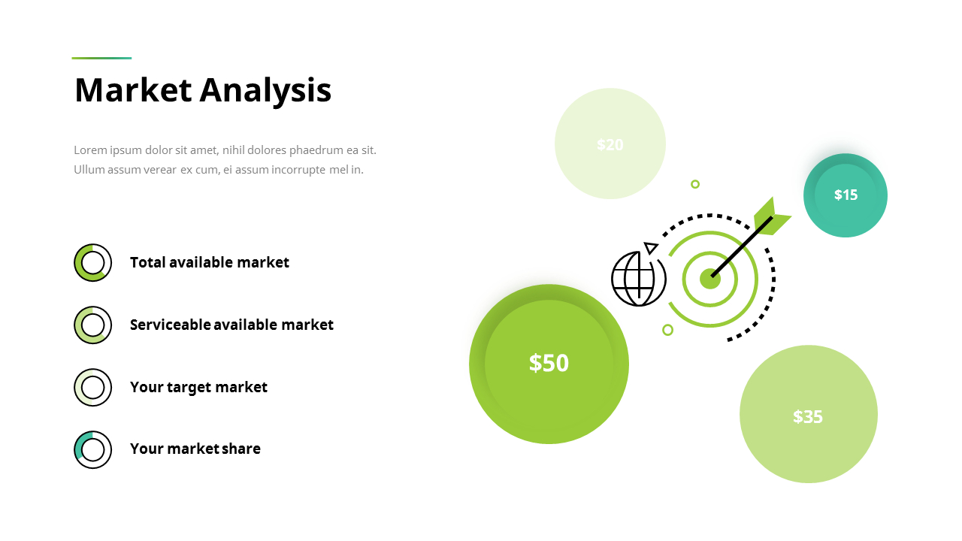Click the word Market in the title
tap(133, 90)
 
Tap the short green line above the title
tap(101, 58)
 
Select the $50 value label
tap(549, 363)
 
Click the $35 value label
tap(808, 416)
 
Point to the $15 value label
tap(846, 195)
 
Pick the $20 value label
tap(610, 144)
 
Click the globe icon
tap(638, 279)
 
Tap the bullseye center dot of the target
tap(709, 279)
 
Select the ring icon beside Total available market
tap(92, 262)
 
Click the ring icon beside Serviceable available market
tap(92, 325)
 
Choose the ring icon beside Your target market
tap(92, 387)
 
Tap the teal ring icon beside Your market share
tap(92, 449)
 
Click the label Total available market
tap(209, 262)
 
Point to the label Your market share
tap(195, 449)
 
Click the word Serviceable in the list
tap(170, 325)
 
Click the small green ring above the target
tap(695, 184)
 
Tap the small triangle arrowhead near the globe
tap(651, 247)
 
